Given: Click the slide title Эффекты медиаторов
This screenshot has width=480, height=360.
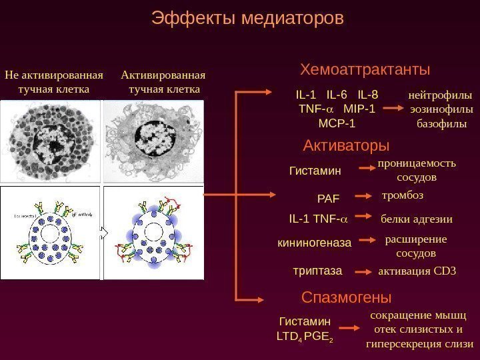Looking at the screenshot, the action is (x=247, y=19).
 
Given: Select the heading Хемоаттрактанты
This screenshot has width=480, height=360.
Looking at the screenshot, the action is (x=365, y=69).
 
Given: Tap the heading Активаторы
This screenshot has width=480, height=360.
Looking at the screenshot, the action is (x=346, y=145).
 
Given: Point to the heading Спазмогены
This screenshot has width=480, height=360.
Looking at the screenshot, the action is (x=346, y=297).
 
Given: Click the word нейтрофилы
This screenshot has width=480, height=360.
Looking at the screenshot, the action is (x=439, y=95).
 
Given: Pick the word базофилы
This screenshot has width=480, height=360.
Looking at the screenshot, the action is (x=441, y=123).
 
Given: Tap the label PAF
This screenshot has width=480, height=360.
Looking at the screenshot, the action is (x=328, y=198).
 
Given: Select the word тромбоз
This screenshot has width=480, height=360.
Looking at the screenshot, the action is (x=402, y=196).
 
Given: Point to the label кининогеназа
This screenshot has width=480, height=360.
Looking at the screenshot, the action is (x=314, y=243).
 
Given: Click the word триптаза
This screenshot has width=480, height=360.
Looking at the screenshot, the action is (x=317, y=271).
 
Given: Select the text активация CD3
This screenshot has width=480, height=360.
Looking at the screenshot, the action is (x=417, y=271).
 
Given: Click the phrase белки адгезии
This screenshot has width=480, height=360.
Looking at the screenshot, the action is (x=416, y=219).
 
